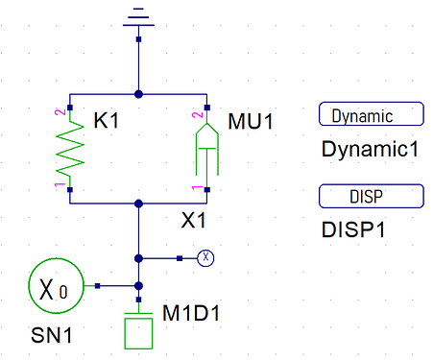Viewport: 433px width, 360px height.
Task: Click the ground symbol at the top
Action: click(138, 17)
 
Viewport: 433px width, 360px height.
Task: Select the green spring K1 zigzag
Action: click(70, 149)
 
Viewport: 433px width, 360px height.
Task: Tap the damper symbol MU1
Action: click(207, 149)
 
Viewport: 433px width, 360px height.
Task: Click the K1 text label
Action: click(107, 121)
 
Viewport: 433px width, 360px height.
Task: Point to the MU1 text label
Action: click(251, 122)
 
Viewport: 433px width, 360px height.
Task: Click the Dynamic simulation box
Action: click(372, 114)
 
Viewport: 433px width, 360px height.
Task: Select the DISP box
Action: click(372, 196)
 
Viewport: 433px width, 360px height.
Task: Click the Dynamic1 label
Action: click(370, 149)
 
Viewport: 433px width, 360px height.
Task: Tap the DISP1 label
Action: click(353, 229)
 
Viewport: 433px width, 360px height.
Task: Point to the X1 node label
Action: click(193, 221)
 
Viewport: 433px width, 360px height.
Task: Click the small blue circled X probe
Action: click(205, 258)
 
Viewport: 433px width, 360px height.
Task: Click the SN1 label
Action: click(52, 335)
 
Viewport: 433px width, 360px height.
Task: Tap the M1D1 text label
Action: click(191, 313)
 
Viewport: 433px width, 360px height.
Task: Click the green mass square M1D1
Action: click(138, 333)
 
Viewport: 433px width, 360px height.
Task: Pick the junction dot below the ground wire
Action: click(138, 94)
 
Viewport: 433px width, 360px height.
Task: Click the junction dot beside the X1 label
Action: click(138, 204)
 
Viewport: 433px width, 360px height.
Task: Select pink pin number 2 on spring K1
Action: click(60, 112)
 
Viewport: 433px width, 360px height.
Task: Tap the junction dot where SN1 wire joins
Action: click(138, 286)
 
